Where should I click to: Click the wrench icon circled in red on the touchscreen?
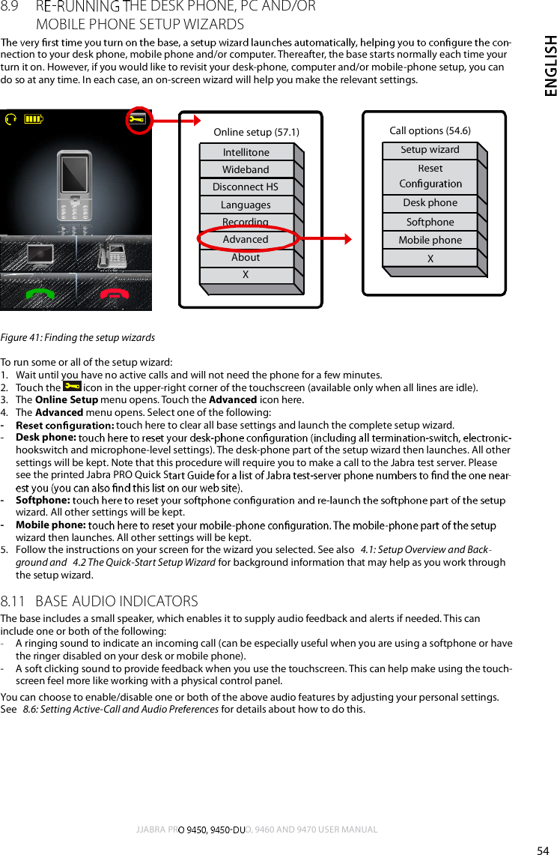click(137, 119)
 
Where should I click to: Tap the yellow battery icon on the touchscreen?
click(34, 118)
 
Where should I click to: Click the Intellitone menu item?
click(246, 152)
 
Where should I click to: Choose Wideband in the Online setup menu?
click(246, 169)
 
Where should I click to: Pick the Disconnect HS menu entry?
click(246, 187)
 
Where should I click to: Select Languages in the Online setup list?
click(246, 205)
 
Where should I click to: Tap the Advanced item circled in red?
click(246, 239)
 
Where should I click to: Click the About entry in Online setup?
click(246, 257)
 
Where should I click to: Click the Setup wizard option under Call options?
click(430, 150)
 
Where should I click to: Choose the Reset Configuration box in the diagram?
click(430, 176)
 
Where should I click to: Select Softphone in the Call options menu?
click(430, 222)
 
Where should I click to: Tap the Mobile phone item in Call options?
click(430, 240)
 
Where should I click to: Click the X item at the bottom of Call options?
click(430, 259)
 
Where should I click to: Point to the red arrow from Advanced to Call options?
click(325, 239)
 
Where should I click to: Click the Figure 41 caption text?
click(78, 338)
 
